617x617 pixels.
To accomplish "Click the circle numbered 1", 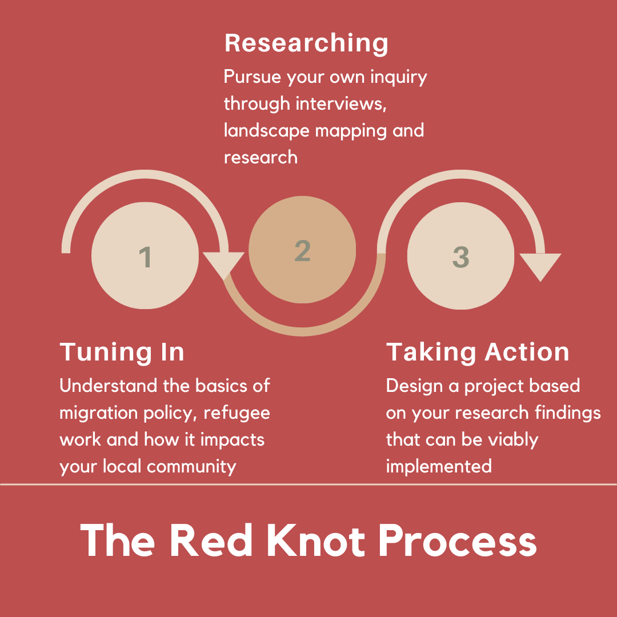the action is tap(145, 255).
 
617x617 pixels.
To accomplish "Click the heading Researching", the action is tap(306, 44).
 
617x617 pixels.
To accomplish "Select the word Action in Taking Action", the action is tap(523, 352).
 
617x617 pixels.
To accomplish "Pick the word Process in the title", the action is tap(458, 540).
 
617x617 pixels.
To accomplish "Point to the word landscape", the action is tap(258, 131).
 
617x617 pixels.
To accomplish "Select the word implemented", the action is tap(439, 466).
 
